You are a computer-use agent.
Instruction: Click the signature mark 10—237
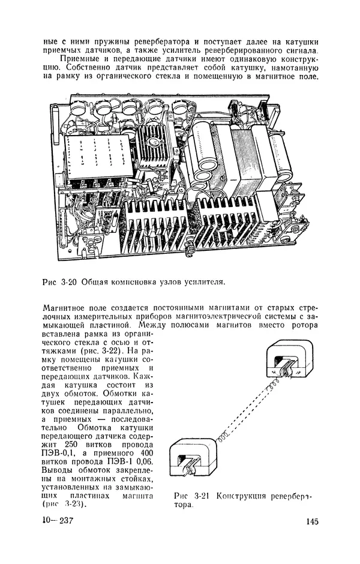(58, 520)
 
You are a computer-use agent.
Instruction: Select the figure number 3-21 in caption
(202, 496)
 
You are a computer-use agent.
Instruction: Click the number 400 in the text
(146, 453)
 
